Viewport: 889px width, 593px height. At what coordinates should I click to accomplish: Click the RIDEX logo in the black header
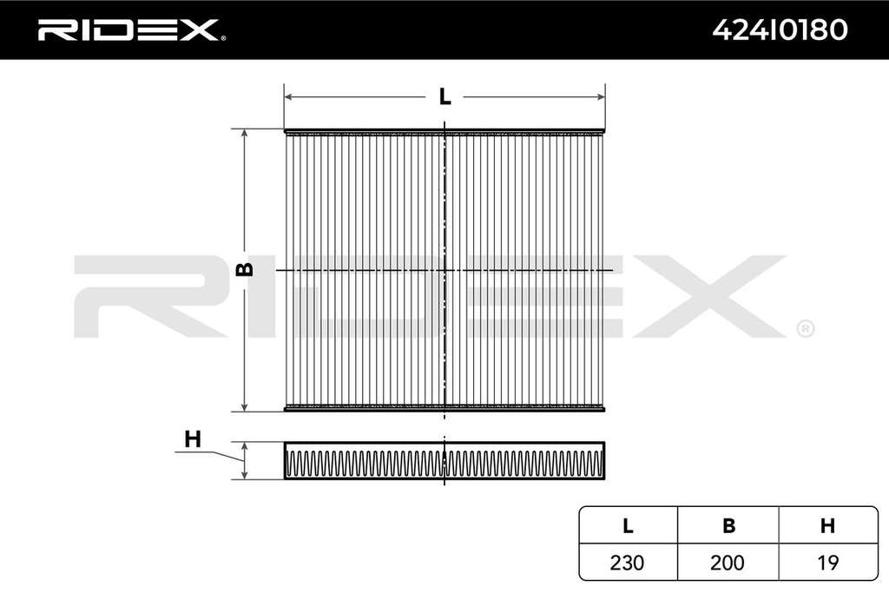[131, 30]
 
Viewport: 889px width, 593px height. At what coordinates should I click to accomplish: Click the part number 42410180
[780, 30]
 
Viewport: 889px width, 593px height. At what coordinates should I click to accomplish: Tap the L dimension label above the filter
[445, 97]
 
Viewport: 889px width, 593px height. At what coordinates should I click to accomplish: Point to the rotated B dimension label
[244, 269]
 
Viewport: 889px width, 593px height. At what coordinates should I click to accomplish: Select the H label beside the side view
[193, 439]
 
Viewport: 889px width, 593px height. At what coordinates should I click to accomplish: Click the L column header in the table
[628, 526]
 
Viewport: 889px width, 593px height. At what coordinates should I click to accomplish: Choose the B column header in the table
[728, 526]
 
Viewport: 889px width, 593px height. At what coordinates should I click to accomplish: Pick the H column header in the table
[827, 526]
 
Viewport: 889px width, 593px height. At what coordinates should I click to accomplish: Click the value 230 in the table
[627, 563]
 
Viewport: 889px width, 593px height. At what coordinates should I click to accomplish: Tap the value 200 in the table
[728, 563]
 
